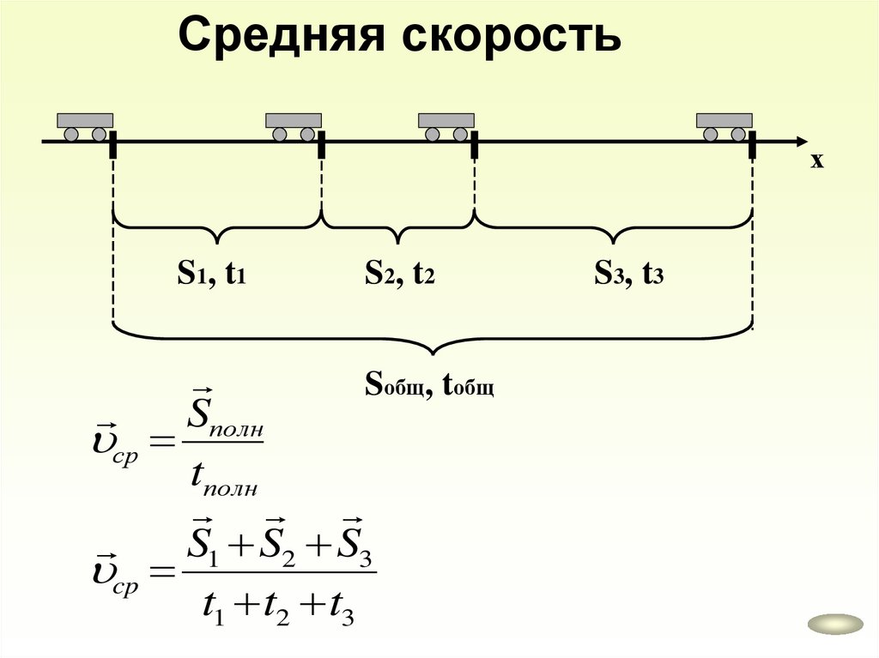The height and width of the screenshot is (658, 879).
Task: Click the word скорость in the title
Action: click(x=497, y=36)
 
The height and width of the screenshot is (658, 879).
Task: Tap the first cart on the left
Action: click(x=85, y=126)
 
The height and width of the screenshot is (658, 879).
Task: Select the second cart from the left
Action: click(x=294, y=126)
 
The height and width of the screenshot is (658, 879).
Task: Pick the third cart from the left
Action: click(x=446, y=126)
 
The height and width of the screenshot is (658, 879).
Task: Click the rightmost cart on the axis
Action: click(x=724, y=126)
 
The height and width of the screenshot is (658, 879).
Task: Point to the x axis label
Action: click(x=816, y=160)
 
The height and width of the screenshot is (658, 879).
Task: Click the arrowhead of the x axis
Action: click(x=800, y=141)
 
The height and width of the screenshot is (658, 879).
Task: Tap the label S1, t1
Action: click(x=212, y=274)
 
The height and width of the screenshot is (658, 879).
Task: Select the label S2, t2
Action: click(x=399, y=274)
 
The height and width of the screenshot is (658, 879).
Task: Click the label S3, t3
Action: click(x=629, y=274)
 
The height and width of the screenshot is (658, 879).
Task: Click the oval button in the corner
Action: click(x=835, y=625)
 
